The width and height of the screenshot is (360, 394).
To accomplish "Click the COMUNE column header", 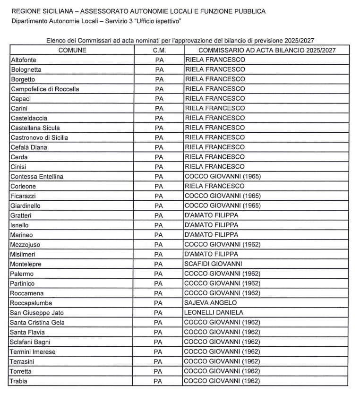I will point(72,50).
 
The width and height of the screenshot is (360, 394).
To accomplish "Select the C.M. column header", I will point(159,50).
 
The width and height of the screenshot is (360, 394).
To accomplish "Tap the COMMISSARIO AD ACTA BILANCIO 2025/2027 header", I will point(267,50).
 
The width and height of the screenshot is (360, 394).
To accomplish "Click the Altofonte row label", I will point(23,60).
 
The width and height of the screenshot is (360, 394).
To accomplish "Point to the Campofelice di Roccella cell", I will point(45,89).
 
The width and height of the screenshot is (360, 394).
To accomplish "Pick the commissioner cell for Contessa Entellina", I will point(223,177).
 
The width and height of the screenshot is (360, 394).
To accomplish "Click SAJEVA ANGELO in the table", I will point(211,303).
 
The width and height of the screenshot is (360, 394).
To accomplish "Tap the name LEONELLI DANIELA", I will point(214,313).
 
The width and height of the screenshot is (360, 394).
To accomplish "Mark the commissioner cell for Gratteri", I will point(211,215).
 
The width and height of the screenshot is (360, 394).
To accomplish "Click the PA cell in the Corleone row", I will point(159,187).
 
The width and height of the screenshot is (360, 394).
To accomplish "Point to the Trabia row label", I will point(19,381).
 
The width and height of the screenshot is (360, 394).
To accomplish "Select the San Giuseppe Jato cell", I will point(37,313).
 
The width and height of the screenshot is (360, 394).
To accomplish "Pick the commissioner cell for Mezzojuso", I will point(223,245).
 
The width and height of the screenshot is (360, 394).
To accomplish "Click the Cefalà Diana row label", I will point(29,147).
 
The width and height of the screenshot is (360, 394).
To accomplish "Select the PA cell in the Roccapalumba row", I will point(159,303).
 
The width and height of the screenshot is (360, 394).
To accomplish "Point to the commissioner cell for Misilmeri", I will point(211,254).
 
